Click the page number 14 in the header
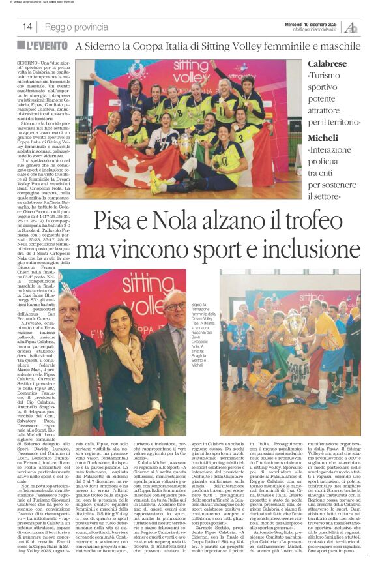point(27,27)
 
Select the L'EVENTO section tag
point(46,47)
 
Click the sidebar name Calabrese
point(327,64)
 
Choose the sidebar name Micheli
point(323,138)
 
